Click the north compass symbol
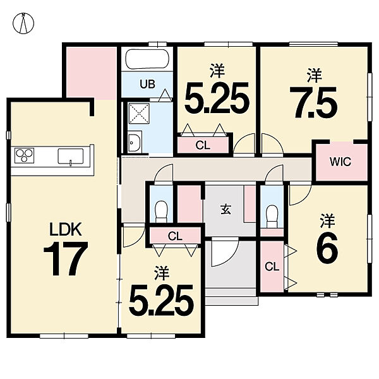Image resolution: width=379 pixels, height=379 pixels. [x=23, y=23]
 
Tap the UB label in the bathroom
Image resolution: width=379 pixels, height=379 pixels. [x=147, y=85]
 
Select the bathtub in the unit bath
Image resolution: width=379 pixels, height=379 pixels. [x=147, y=59]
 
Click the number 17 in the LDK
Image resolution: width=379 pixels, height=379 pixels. [x=66, y=258]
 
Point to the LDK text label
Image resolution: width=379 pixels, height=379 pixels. [x=65, y=229]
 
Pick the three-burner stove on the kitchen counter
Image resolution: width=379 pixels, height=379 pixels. [x=25, y=156]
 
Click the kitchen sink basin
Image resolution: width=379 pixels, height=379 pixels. [x=70, y=156]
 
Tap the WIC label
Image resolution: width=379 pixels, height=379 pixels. [x=340, y=162]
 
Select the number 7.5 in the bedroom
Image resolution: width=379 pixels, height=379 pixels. [x=313, y=102]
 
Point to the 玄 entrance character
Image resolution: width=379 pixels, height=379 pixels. [x=226, y=209]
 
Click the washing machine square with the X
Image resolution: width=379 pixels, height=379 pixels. [x=139, y=114]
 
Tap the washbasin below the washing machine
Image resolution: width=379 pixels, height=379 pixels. [x=135, y=143]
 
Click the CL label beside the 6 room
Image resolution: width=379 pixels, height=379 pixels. [x=272, y=267]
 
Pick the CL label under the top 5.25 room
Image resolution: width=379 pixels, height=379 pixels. [x=203, y=145]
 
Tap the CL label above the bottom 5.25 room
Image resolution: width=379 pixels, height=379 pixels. [x=175, y=236]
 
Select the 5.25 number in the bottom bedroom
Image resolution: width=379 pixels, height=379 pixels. [x=161, y=300]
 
